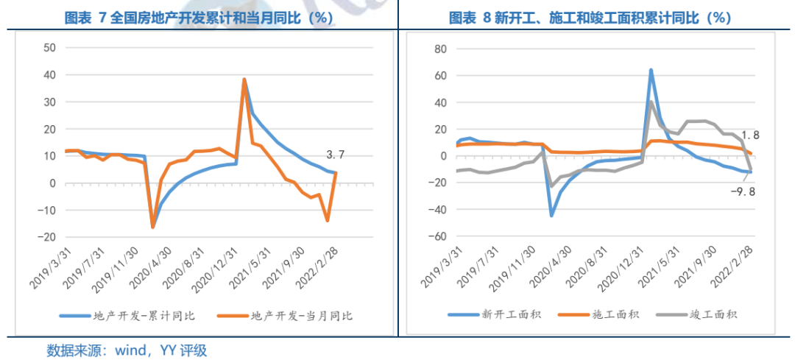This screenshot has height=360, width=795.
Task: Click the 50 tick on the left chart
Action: (50, 48)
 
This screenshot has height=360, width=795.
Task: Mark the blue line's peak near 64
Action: (651, 71)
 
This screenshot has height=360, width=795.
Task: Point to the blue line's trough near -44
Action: (551, 215)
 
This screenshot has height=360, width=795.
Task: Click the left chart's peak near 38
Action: (244, 80)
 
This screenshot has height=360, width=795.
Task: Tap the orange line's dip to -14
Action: (327, 220)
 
